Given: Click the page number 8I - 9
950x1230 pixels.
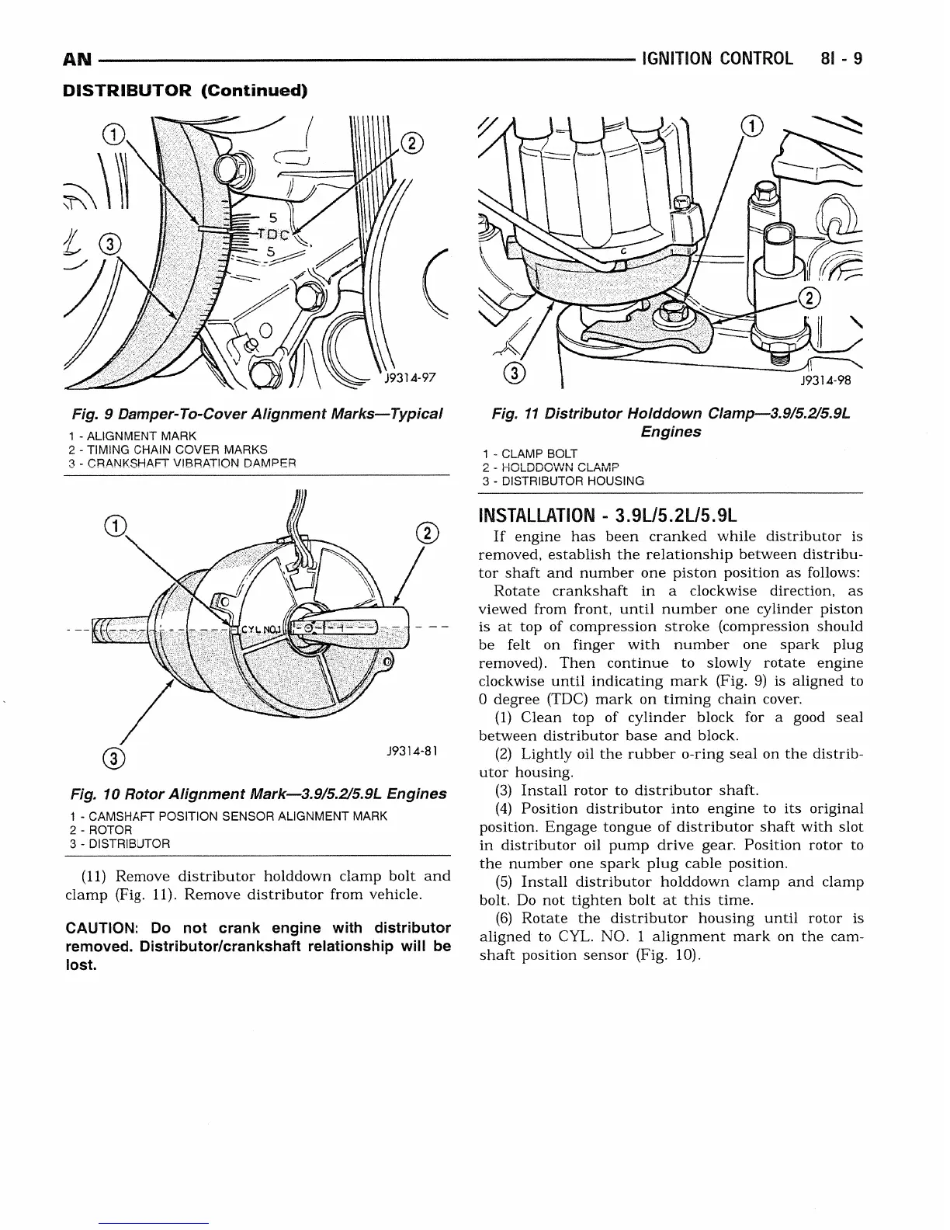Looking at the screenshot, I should [840, 59].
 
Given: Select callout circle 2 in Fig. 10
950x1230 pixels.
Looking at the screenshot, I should [427, 534].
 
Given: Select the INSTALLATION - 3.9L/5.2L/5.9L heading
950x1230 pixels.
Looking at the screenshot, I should [608, 516].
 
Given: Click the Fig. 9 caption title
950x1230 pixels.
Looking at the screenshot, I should [256, 412].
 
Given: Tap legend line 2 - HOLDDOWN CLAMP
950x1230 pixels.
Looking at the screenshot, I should [550, 467].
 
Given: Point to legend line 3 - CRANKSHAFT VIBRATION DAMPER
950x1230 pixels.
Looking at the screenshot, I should [182, 463].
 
